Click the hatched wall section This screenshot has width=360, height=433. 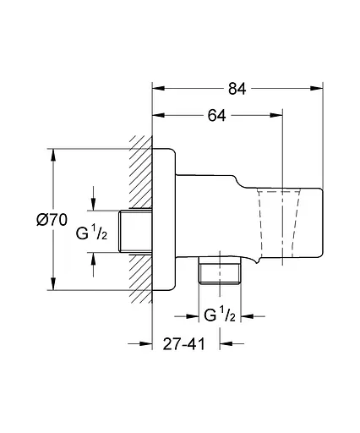coord(140,220)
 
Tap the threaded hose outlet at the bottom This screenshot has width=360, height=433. coord(220,274)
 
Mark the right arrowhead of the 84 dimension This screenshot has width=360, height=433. coord(319,85)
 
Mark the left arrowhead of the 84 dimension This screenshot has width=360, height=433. coord(158,85)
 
